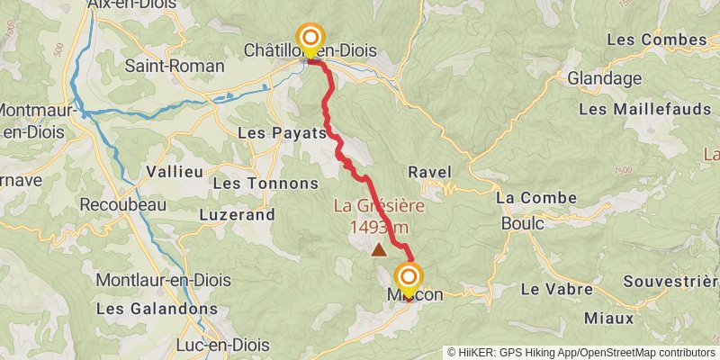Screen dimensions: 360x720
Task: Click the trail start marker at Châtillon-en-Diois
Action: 310,38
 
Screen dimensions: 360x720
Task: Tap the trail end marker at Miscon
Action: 409,277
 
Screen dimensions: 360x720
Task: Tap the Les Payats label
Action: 282,133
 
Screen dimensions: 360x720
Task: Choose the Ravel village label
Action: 429,172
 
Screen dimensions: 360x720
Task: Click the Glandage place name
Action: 604,78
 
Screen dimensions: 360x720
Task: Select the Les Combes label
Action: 657,40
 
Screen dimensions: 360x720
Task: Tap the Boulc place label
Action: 522,221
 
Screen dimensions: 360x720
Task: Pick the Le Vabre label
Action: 557,290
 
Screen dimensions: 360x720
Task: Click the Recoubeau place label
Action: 124,204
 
